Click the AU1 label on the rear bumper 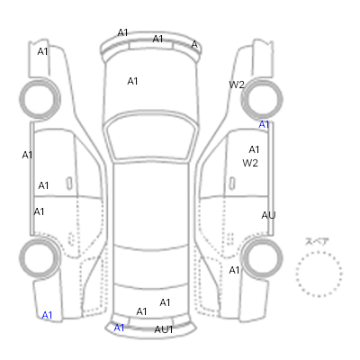pos(164,329)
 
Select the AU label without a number pos(268,215)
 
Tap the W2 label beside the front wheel pos(237,85)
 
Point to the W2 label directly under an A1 pos(250,163)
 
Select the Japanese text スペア pos(317,241)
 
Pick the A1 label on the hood pos(132,81)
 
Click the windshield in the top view pos(151,138)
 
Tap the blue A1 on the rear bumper pos(119,328)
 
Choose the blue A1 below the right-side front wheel pos(264,124)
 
